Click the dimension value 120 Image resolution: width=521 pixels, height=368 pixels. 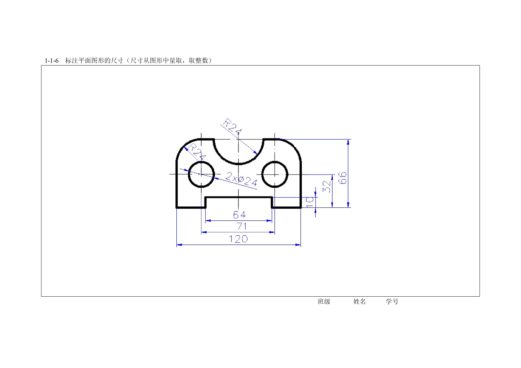238,239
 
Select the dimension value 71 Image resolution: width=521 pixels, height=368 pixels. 241,226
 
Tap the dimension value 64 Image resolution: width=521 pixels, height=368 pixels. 239,215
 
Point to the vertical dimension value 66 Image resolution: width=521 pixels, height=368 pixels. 342,178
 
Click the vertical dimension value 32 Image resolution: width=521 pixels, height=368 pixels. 327,186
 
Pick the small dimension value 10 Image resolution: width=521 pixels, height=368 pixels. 310,202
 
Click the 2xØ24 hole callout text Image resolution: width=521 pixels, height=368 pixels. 241,179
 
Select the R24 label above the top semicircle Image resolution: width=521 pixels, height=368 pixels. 232,126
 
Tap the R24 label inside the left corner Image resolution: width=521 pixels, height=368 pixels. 197,152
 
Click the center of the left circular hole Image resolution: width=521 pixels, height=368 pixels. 201,174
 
